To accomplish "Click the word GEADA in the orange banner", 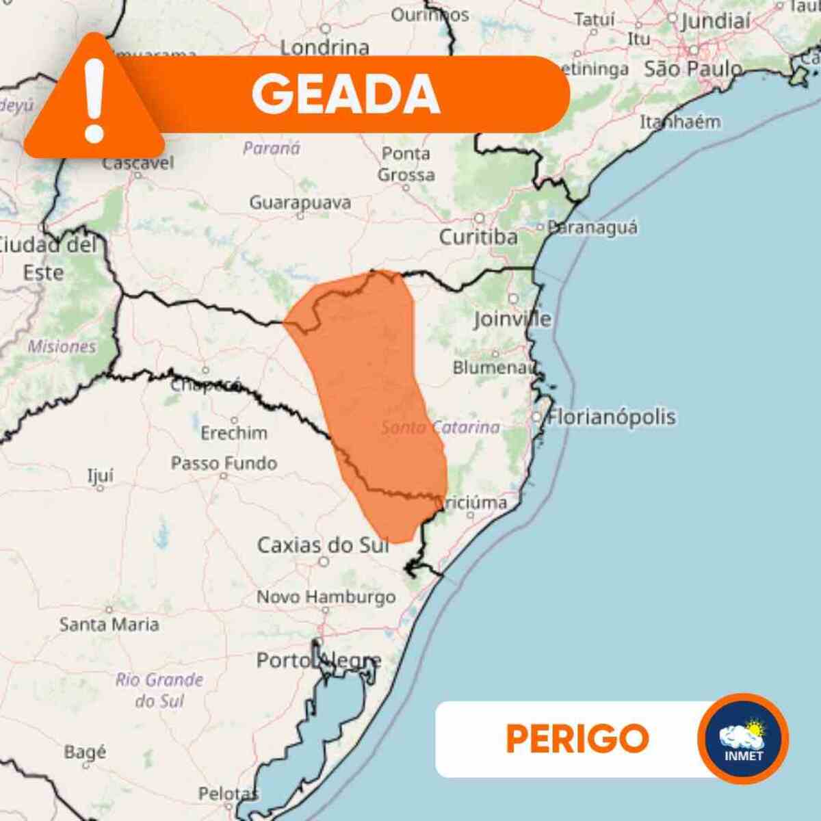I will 346,94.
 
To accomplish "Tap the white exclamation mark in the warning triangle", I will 94,99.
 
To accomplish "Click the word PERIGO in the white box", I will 577,738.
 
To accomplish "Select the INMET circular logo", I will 743,738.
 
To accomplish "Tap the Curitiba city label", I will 478,237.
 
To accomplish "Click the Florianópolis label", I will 612,417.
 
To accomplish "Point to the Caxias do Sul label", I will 323,545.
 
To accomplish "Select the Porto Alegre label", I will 319,661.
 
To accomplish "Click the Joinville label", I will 512,318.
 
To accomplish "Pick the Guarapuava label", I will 300,203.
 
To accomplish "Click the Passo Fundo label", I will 224,463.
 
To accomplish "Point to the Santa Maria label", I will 109,624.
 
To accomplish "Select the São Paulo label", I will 693,69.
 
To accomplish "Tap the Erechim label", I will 234,432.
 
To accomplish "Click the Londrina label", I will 325,47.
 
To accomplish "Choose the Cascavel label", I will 138,163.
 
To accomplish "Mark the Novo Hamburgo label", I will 326,597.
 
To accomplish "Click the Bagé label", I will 85,752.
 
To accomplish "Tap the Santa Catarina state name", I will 441,428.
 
